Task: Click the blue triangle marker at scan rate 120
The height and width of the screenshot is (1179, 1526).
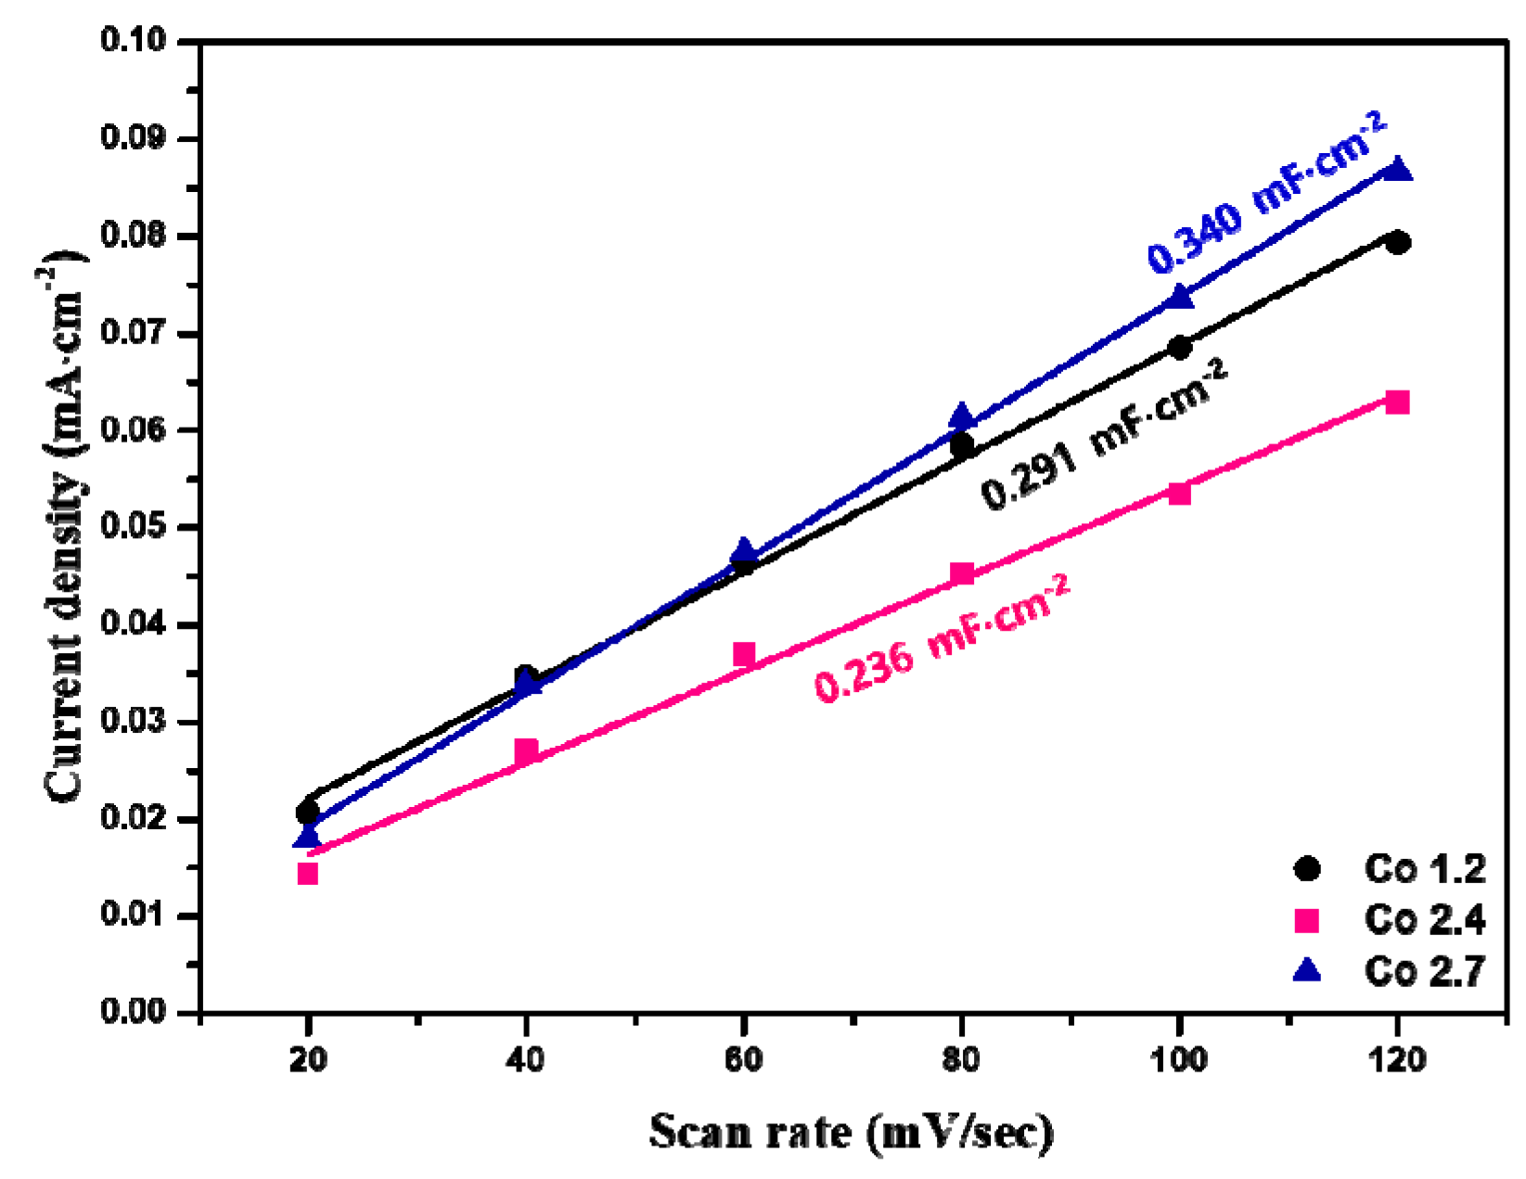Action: point(1398,170)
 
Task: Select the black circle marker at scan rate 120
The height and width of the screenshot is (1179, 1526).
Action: point(1398,242)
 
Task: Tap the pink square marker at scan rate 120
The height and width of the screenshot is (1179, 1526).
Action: point(1398,402)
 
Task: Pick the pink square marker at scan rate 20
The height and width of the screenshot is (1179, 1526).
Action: point(308,873)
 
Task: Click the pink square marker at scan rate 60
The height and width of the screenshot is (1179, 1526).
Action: point(744,654)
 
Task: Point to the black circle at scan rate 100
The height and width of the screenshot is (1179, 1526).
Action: point(1180,348)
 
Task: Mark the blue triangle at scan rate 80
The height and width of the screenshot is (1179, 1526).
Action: point(962,416)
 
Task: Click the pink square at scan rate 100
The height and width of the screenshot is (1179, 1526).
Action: point(1180,493)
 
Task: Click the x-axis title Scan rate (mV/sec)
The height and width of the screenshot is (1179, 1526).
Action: point(851,1133)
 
